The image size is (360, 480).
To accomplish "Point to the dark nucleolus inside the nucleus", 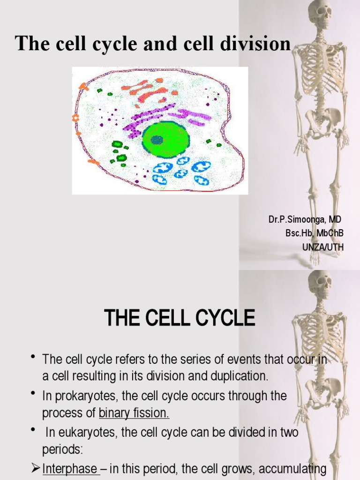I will pyautogui.click(x=157, y=140).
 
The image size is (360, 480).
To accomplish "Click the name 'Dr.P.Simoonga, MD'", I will pyautogui.click(x=305, y=219).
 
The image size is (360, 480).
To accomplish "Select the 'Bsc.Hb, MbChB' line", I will pyautogui.click(x=314, y=232).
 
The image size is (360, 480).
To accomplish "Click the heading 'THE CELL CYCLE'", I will pyautogui.click(x=180, y=319).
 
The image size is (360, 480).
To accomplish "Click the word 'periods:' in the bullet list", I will pyautogui.click(x=62, y=450).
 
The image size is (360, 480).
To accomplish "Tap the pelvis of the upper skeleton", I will pyautogui.click(x=323, y=120).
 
